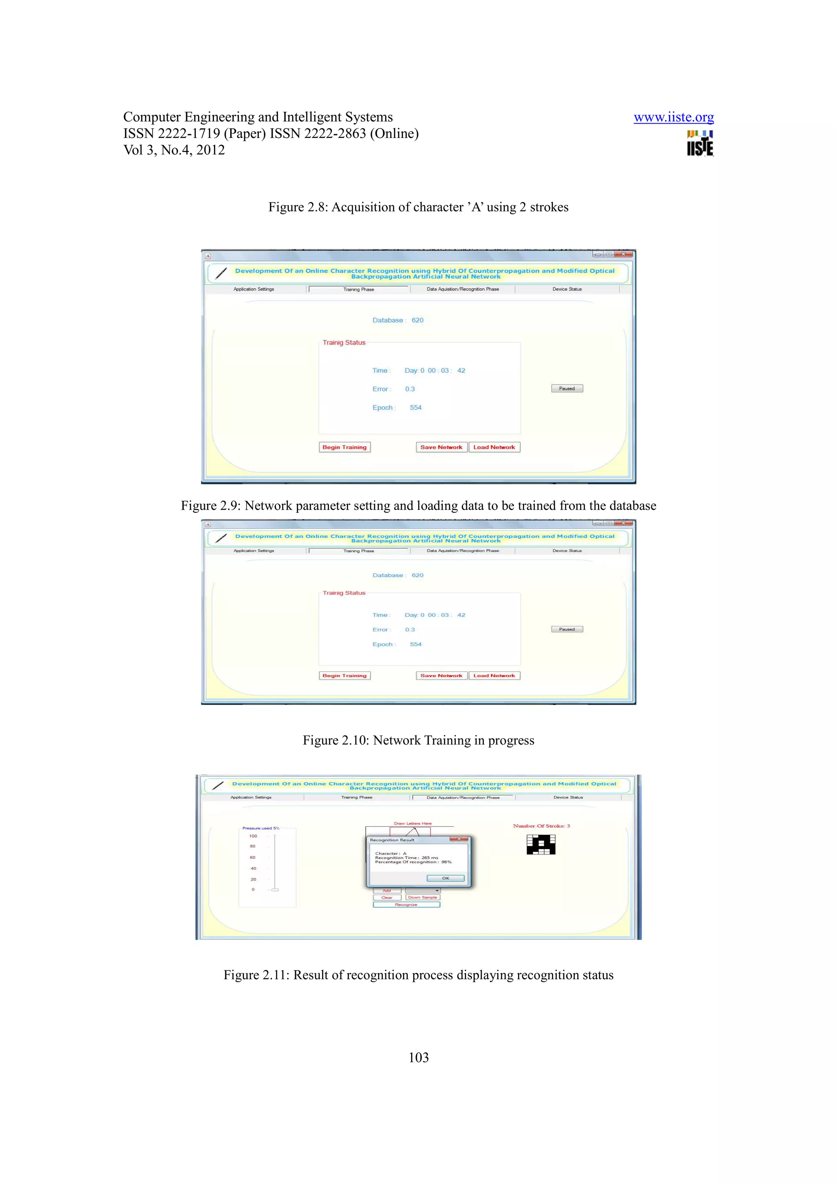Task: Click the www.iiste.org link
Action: (673, 118)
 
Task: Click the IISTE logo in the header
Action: (700, 143)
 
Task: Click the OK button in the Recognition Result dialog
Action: (446, 878)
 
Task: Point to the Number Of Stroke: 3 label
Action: (541, 826)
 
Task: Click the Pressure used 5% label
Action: (261, 828)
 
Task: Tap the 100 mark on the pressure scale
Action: (253, 836)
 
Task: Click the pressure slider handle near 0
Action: (275, 889)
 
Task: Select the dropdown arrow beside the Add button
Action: (437, 890)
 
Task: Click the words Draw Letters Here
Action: (413, 823)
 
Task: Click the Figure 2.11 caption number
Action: (273, 975)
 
